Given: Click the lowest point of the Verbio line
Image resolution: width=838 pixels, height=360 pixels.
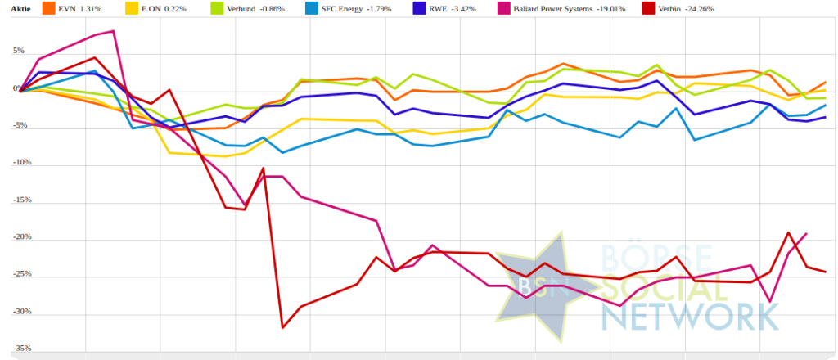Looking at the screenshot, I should (x=282, y=328).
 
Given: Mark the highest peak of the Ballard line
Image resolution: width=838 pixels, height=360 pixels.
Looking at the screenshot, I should (x=113, y=31).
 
